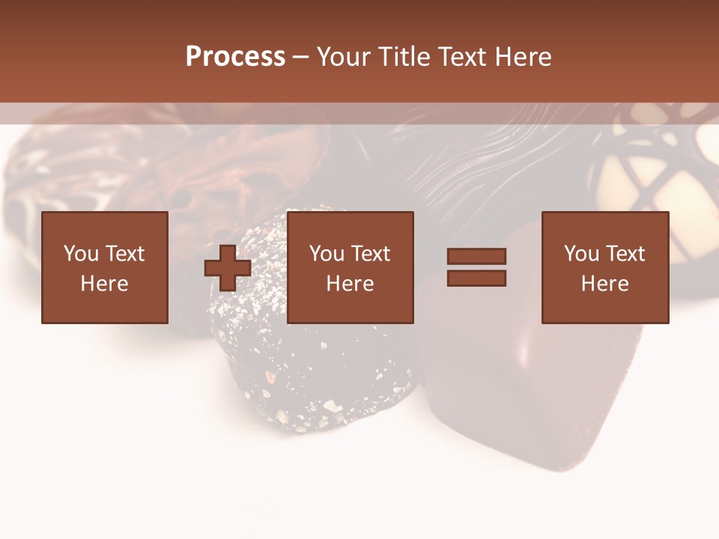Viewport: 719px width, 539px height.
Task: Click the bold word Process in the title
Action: click(x=235, y=57)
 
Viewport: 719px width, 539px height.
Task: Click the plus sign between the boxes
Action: click(x=228, y=268)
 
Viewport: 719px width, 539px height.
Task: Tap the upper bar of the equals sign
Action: click(x=476, y=256)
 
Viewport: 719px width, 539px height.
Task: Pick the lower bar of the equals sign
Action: click(x=476, y=278)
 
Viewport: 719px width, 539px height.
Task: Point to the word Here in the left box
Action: click(x=104, y=284)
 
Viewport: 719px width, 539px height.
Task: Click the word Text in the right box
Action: click(x=625, y=254)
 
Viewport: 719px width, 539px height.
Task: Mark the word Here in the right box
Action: click(x=604, y=284)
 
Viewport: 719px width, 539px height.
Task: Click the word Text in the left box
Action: click(x=124, y=254)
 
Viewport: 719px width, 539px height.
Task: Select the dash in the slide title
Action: click(x=300, y=58)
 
